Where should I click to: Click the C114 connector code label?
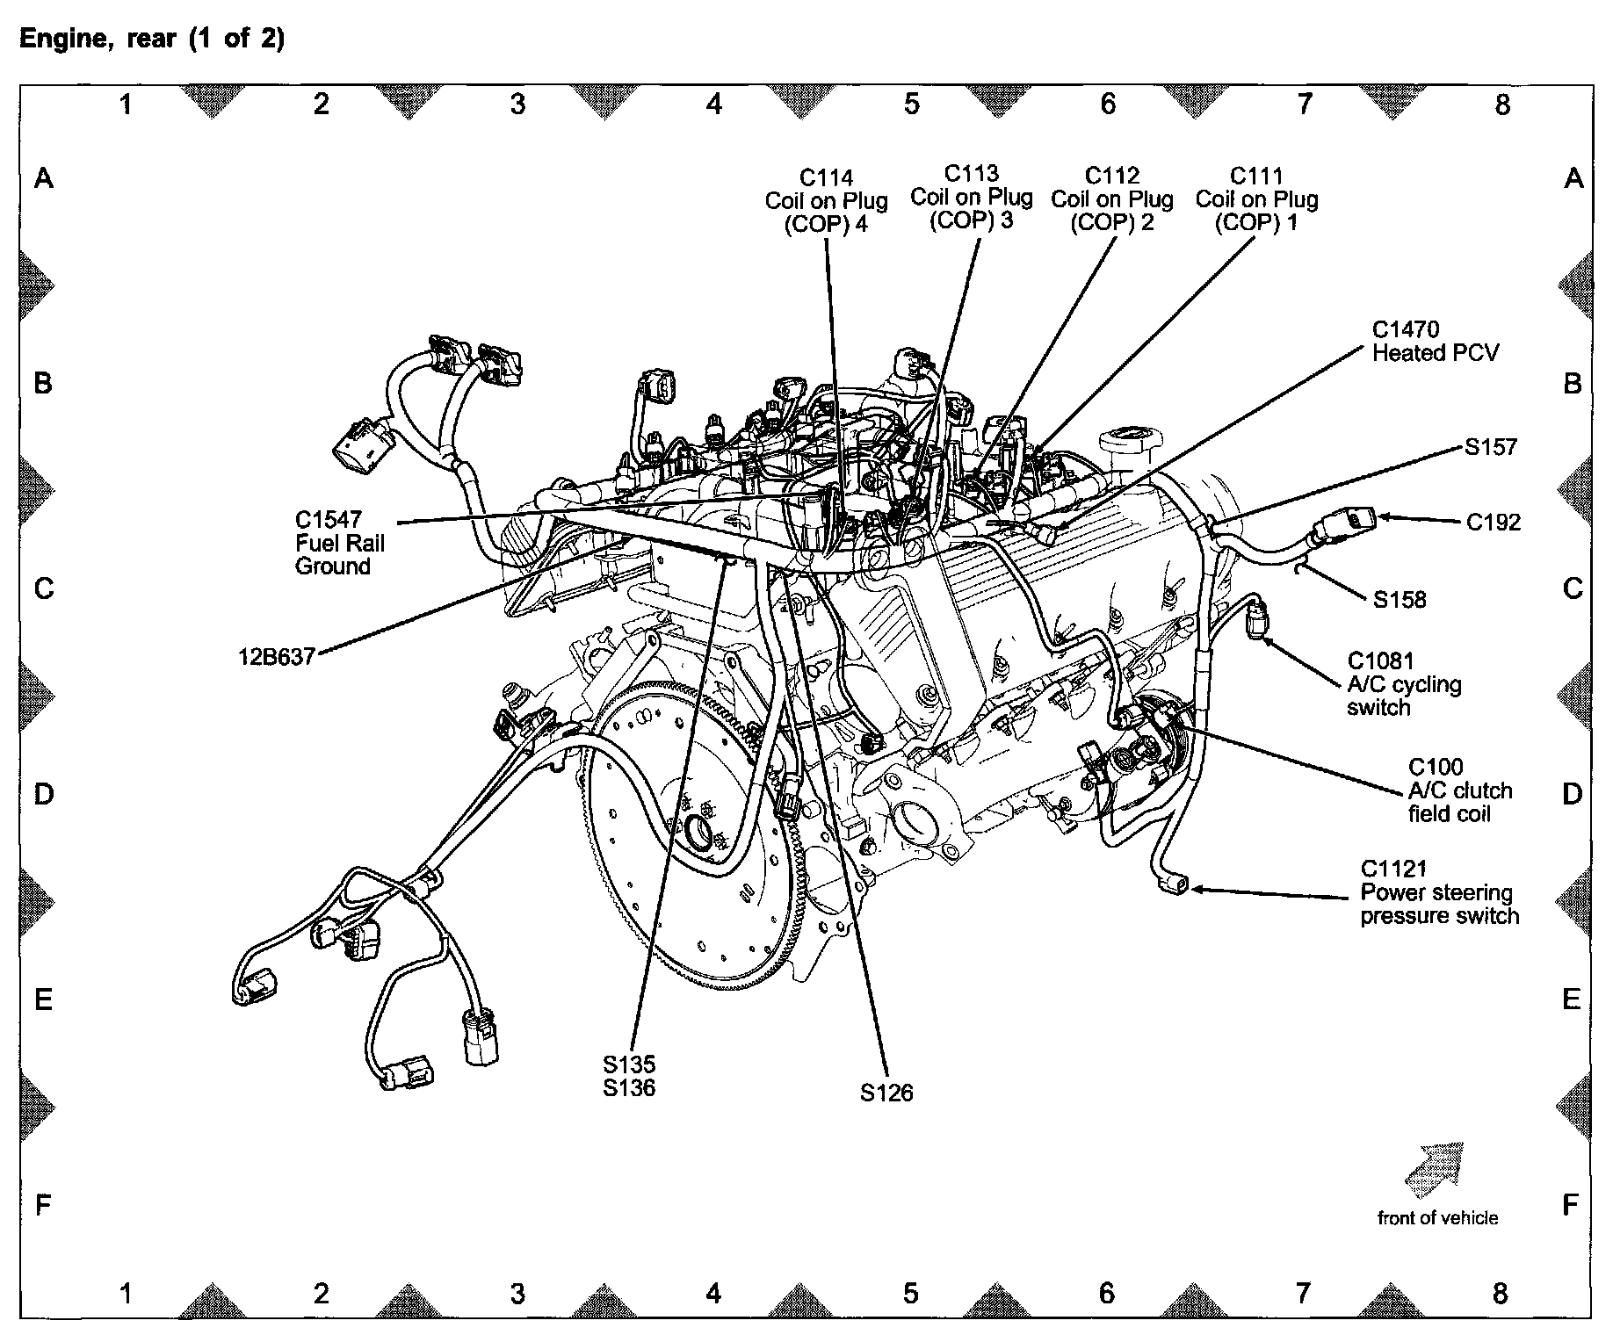coord(826,178)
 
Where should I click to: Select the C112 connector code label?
coord(1112,176)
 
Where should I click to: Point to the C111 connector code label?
coord(1256,176)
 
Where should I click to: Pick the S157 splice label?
coord(1491,448)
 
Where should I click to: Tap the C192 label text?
coord(1494,523)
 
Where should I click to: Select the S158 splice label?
coord(1400,601)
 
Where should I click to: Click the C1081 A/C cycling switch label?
coord(1404,684)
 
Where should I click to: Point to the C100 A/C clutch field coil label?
coord(1460,790)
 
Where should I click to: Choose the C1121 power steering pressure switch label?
coord(1439,892)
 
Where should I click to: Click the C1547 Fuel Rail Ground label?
coord(340,543)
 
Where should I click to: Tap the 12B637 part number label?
coord(277,657)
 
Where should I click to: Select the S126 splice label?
coord(886,1093)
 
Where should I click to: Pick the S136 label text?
coord(629,1087)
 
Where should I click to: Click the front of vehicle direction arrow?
coord(1435,1170)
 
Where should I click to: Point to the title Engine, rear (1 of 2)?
coord(152,40)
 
